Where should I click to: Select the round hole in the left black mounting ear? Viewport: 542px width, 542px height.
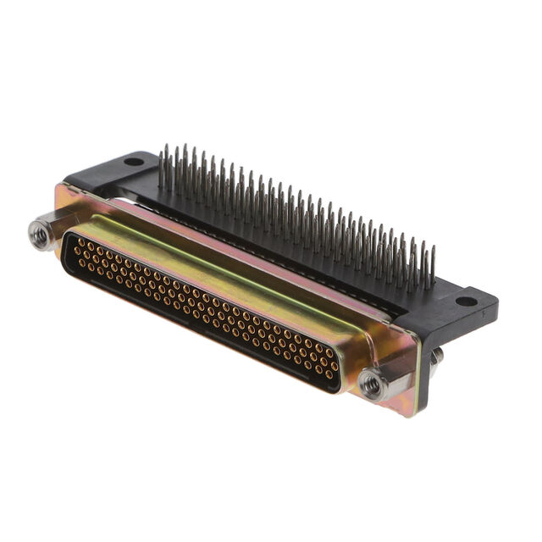134,161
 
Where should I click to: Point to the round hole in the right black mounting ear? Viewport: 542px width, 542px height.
466,301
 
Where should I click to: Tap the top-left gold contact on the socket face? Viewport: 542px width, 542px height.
78,241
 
